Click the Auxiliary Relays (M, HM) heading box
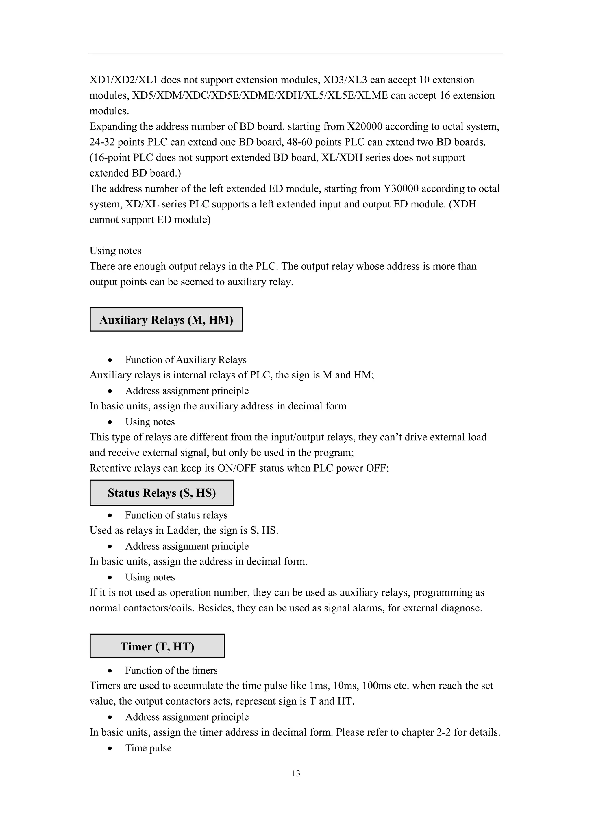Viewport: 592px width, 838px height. click(166, 319)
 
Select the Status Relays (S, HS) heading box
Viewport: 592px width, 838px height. click(162, 493)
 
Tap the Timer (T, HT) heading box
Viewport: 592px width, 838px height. click(157, 646)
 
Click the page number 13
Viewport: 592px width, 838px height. click(296, 773)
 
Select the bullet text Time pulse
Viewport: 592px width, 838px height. click(148, 748)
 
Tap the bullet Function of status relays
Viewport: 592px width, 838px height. click(176, 515)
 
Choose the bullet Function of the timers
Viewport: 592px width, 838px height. click(171, 670)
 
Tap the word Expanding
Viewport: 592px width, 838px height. click(113, 126)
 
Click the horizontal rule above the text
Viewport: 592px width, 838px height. click(296, 54)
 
